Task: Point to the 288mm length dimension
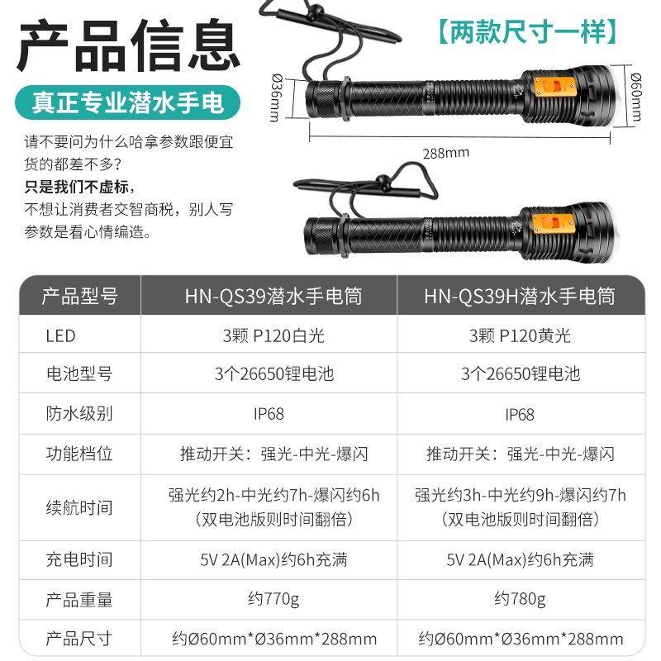click(x=445, y=152)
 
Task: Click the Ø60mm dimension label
click(x=635, y=95)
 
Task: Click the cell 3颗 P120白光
click(x=273, y=335)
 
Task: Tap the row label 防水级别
click(x=78, y=414)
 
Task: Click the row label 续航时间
click(x=78, y=506)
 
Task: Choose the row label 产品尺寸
click(x=78, y=638)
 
